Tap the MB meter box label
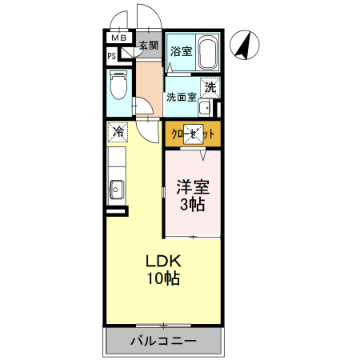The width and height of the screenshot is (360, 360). (118, 38)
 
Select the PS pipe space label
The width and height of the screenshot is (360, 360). (112, 56)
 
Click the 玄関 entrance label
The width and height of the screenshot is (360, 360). (149, 45)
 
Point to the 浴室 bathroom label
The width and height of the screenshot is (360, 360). (181, 52)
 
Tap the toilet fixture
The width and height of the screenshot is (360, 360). (119, 83)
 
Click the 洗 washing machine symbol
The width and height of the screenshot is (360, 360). (210, 87)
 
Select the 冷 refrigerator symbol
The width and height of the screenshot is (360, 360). (118, 130)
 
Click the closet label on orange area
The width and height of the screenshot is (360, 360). (193, 135)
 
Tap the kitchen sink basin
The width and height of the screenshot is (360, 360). (117, 190)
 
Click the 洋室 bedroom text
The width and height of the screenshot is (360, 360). (193, 187)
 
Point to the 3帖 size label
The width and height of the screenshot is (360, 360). (193, 205)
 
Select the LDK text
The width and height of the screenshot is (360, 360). (163, 262)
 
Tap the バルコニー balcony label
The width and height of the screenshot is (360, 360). (163, 342)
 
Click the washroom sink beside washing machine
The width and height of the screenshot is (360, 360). (205, 108)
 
